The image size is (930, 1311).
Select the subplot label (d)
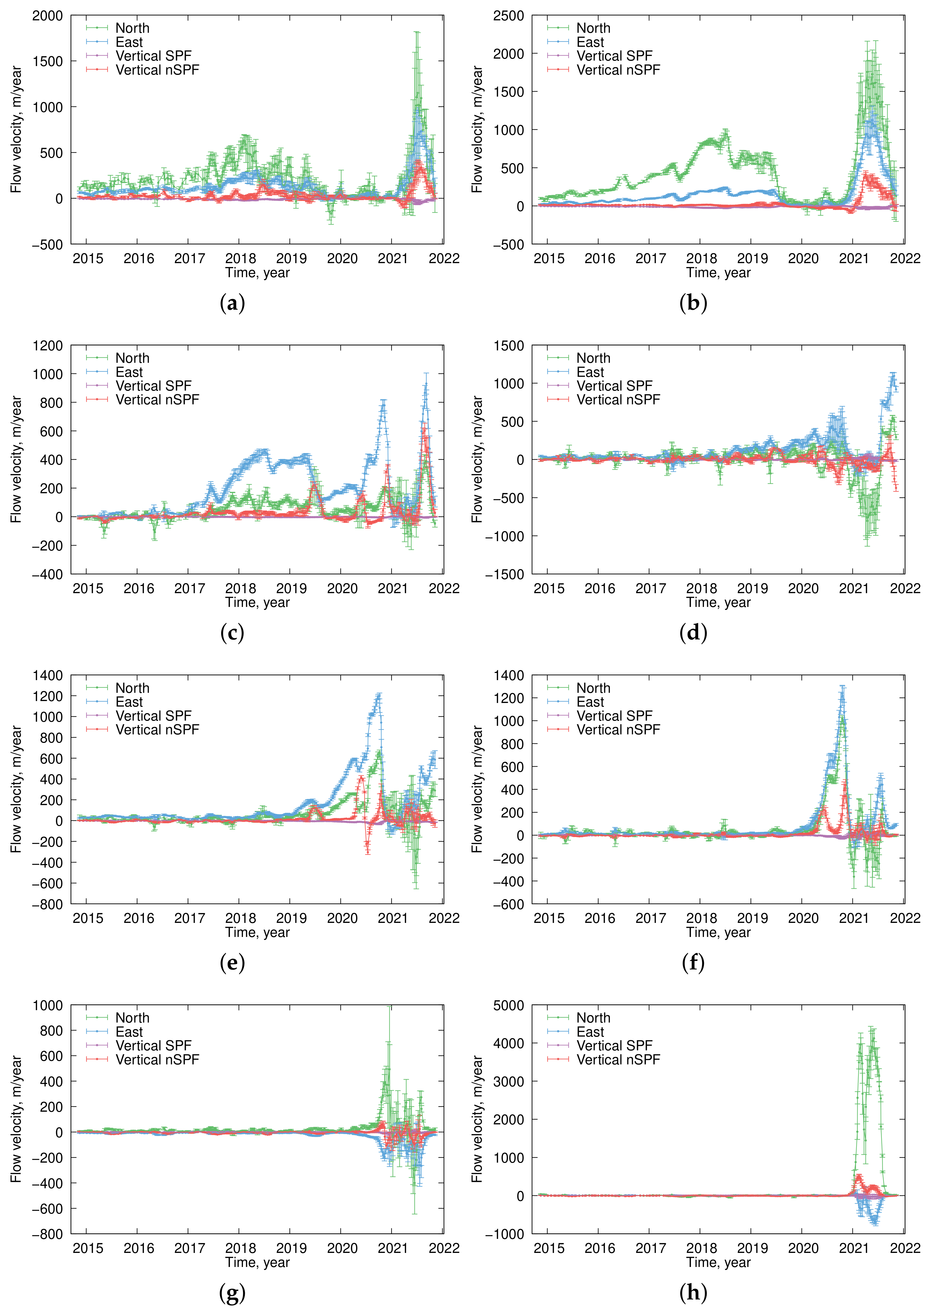point(693,633)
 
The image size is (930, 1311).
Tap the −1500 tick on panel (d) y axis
point(504,574)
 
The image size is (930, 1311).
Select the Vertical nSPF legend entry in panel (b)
point(618,70)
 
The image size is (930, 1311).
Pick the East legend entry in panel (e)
point(129,702)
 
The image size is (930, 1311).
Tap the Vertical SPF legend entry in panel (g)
point(153,1045)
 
